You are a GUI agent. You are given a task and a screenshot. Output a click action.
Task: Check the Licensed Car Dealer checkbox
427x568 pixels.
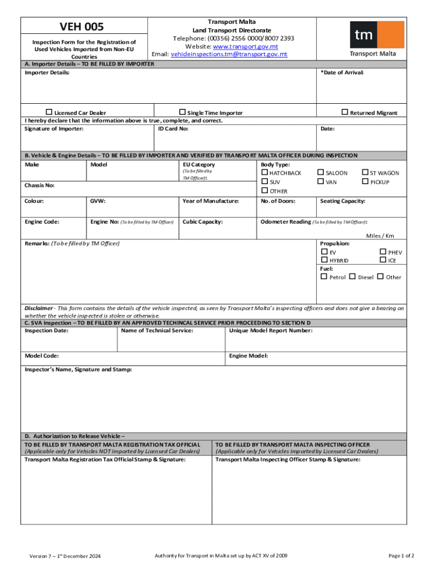pyautogui.click(x=49, y=113)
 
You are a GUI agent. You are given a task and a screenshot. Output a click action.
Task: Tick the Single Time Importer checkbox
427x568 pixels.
pyautogui.click(x=182, y=113)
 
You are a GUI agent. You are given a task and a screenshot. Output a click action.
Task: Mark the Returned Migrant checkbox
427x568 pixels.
pyautogui.click(x=344, y=112)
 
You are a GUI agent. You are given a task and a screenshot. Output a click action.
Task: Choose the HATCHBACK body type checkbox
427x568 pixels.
pyautogui.click(x=264, y=173)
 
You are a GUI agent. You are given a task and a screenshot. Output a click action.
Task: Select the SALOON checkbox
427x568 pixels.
pyautogui.click(x=320, y=173)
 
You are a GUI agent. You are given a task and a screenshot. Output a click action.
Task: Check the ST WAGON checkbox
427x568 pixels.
pyautogui.click(x=365, y=173)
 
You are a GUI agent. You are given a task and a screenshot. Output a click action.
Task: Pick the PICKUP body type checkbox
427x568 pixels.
pyautogui.click(x=365, y=182)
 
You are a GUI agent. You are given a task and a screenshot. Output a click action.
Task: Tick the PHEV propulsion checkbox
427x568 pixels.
pyautogui.click(x=383, y=252)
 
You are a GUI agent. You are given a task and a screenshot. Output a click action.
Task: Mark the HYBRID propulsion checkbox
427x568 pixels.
pyautogui.click(x=324, y=260)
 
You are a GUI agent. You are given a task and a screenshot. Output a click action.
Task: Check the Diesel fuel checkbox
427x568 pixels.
pyautogui.click(x=353, y=277)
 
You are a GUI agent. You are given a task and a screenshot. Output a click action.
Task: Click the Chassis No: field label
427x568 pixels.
pyautogui.click(x=39, y=185)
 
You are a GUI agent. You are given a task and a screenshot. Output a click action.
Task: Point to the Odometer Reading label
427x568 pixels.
pyautogui.click(x=286, y=222)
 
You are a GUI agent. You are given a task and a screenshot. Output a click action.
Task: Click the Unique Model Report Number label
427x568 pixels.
pyautogui.click(x=271, y=331)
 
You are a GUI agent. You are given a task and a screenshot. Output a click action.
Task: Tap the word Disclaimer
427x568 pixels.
pyautogui.click(x=39, y=308)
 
